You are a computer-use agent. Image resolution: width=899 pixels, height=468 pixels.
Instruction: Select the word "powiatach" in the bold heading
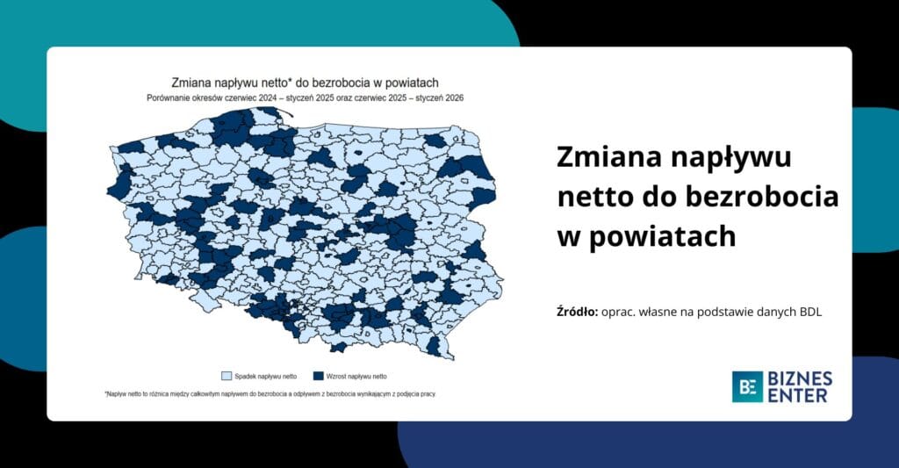659,236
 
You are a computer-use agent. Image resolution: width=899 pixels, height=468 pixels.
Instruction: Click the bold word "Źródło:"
578,311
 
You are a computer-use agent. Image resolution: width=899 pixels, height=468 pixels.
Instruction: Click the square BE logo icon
747,386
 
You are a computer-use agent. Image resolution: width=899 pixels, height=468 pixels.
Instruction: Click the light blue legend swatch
226,376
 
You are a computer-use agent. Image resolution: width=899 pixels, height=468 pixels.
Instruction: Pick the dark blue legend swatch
319,376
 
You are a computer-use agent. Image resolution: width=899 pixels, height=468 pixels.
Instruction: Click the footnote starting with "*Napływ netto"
270,394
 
